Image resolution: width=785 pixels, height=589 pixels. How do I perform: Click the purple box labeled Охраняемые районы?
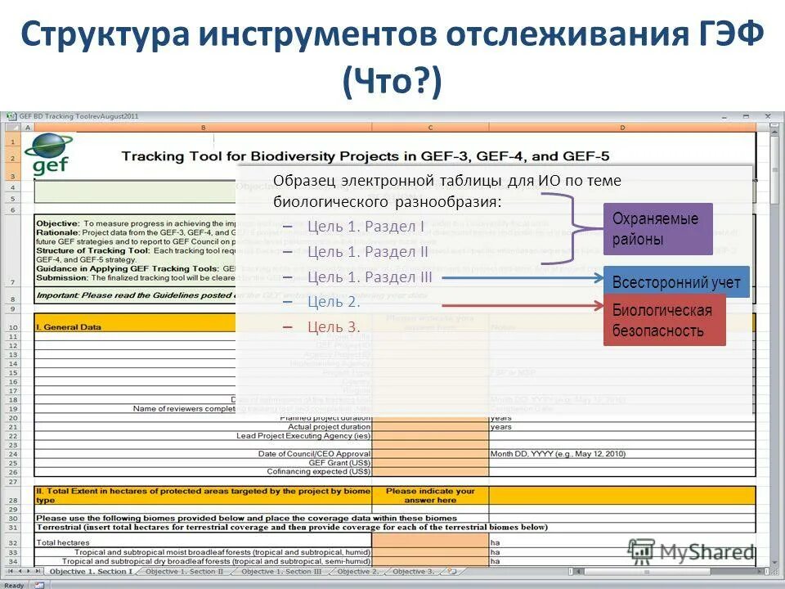(x=657, y=229)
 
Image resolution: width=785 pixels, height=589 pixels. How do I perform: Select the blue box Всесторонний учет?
(x=675, y=283)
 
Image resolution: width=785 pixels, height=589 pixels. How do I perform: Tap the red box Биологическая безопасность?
(x=663, y=320)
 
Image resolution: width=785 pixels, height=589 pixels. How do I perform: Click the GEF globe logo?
(x=47, y=153)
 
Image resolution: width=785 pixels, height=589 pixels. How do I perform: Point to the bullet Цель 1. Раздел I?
(x=366, y=227)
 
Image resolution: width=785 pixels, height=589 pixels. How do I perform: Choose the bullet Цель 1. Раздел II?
(x=368, y=252)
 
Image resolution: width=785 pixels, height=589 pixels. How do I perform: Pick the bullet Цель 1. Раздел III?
(x=370, y=277)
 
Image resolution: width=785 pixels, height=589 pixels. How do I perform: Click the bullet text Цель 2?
(x=334, y=302)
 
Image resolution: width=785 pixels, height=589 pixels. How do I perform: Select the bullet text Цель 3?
(x=334, y=327)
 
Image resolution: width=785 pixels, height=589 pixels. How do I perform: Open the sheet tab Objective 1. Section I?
(x=91, y=571)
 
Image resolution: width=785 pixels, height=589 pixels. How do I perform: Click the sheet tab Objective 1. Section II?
(x=184, y=571)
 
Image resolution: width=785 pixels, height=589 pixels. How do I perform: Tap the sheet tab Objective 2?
(x=357, y=571)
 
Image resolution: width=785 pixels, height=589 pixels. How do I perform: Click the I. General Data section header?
(x=69, y=327)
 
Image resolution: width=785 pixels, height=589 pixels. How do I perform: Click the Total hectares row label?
(x=57, y=542)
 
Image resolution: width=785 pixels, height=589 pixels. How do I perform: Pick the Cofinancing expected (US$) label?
(x=319, y=471)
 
